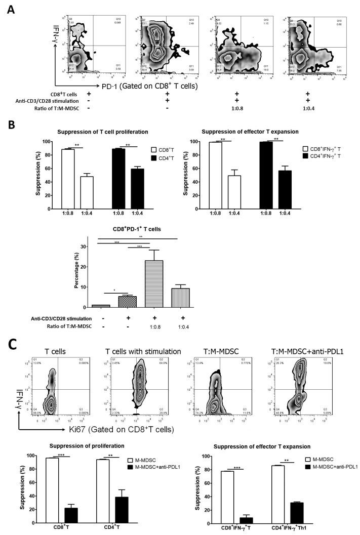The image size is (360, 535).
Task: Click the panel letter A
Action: pyautogui.click(x=12, y=10)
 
